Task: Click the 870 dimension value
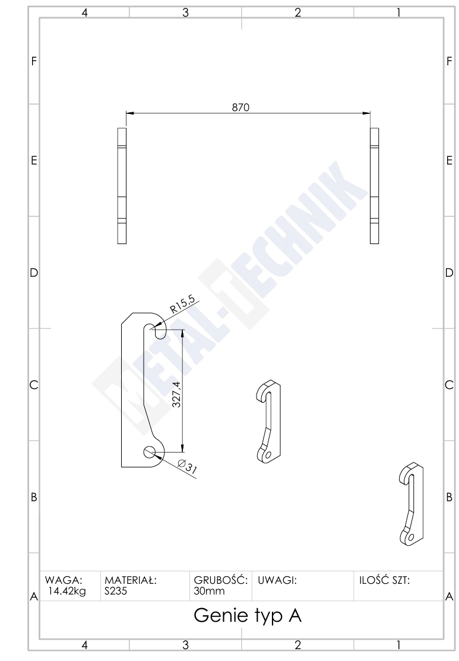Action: (240, 107)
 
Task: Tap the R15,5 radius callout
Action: (182, 304)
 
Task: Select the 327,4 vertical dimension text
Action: (176, 394)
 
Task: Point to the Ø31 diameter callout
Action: (188, 467)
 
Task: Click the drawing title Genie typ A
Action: (248, 616)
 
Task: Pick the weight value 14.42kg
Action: (67, 591)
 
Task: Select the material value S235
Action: (115, 591)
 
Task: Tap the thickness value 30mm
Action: (209, 591)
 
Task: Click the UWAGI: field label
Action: (277, 580)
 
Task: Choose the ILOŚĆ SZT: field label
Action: (384, 580)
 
